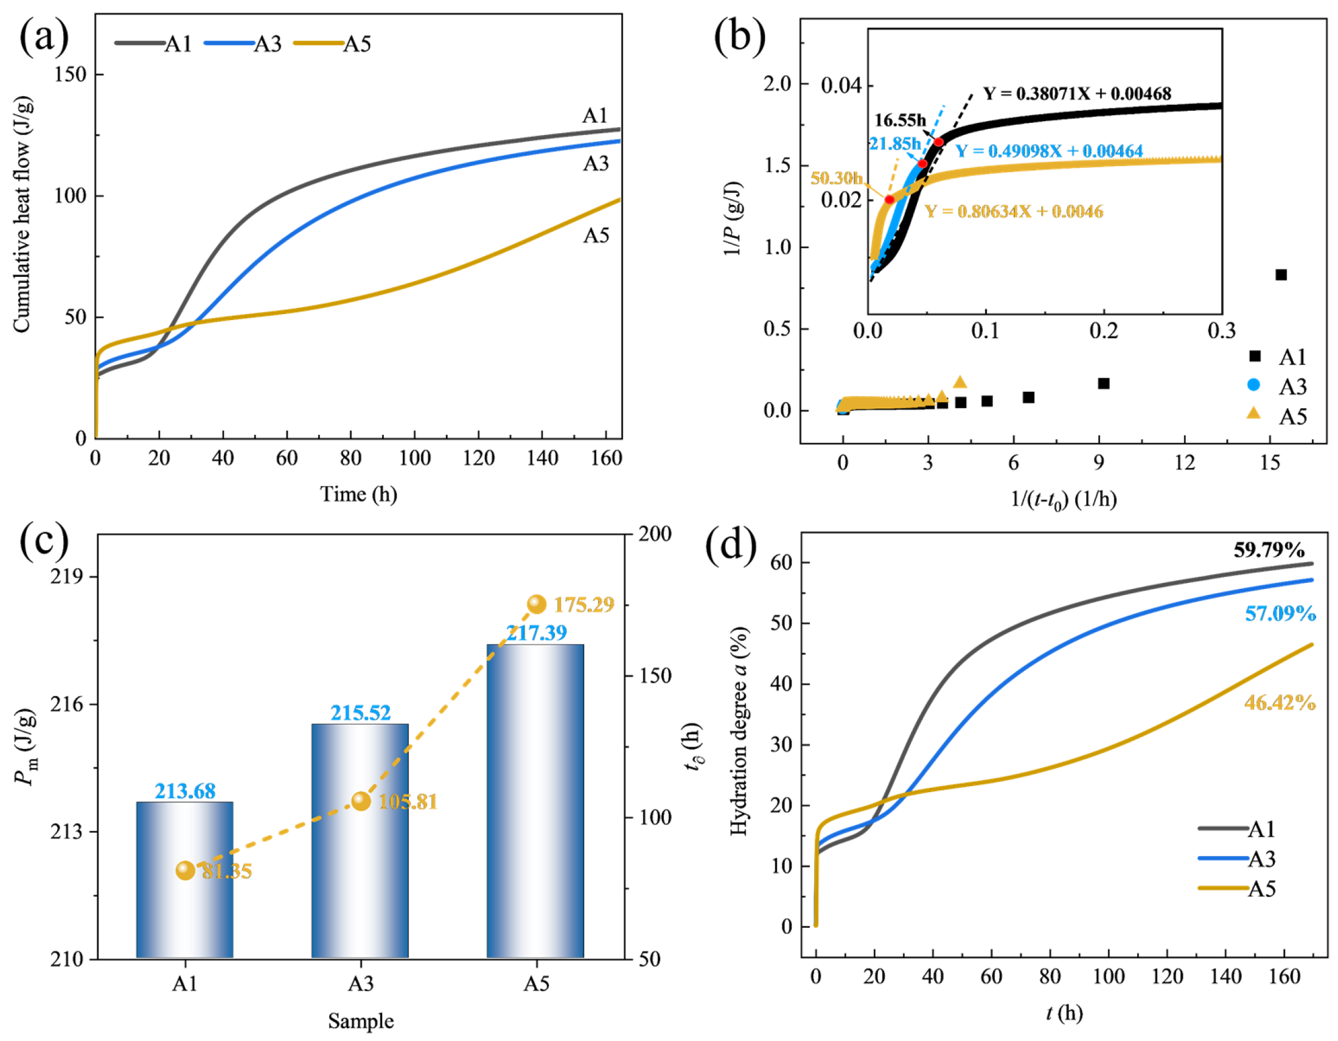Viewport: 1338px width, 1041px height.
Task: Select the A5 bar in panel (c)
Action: (x=535, y=801)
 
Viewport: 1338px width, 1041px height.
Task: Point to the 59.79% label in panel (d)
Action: (x=1269, y=549)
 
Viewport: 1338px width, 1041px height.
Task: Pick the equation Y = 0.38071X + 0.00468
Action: (x=1077, y=94)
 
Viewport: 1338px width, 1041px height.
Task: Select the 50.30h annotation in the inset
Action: (x=836, y=178)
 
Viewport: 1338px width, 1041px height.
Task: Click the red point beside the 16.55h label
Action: (x=939, y=142)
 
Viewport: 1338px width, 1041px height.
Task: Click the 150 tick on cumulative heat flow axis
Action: (x=71, y=74)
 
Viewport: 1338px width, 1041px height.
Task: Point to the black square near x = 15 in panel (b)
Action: (x=1280, y=274)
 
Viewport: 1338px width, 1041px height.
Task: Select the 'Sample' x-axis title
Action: (x=361, y=1021)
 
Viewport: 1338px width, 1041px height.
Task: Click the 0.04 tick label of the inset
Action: (x=841, y=85)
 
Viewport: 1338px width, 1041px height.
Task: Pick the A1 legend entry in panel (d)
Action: (x=1237, y=829)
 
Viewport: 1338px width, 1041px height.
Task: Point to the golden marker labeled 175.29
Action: (x=537, y=604)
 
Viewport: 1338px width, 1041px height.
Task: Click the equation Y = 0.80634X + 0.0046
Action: (x=1014, y=211)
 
